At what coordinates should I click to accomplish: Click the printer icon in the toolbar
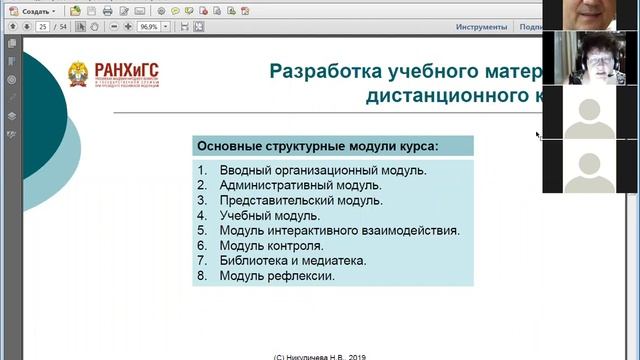pyautogui.click(x=108, y=10)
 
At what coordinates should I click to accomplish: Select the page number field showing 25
pyautogui.click(x=43, y=27)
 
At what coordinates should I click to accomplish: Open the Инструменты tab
pyautogui.click(x=481, y=27)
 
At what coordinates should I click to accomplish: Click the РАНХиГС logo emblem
pyautogui.click(x=77, y=75)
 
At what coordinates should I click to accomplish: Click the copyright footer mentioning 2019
pyautogui.click(x=320, y=354)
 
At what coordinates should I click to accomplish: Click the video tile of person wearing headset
pyautogui.click(x=591, y=58)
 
